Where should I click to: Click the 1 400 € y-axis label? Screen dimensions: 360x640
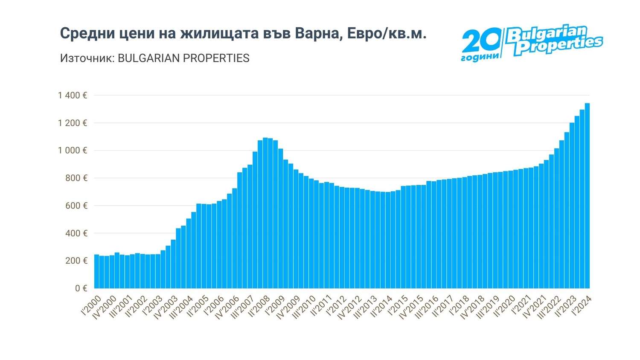73,96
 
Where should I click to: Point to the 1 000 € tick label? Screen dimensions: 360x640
73,151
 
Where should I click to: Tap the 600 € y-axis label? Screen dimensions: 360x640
76,206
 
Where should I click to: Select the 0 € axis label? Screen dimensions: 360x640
81,288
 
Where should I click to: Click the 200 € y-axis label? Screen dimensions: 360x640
76,261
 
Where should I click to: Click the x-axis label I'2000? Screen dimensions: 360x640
91,306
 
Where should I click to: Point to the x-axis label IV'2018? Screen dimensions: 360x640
473,308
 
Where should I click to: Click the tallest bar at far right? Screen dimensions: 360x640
587,196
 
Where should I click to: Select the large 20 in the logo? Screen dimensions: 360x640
481,41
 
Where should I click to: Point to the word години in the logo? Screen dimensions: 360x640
480,57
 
